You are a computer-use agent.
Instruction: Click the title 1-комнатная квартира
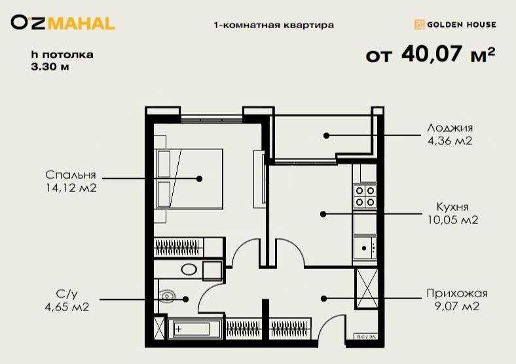point(274,26)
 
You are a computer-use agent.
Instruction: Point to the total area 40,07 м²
point(430,55)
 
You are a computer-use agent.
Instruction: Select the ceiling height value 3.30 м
point(50,66)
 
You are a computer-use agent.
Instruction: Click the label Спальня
point(71,175)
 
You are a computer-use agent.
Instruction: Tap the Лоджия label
point(449,128)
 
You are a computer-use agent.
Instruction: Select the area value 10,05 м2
point(452,220)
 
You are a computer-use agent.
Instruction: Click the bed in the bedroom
point(189,179)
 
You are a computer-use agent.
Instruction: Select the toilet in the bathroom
point(168,296)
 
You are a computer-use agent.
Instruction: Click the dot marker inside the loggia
point(325,136)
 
